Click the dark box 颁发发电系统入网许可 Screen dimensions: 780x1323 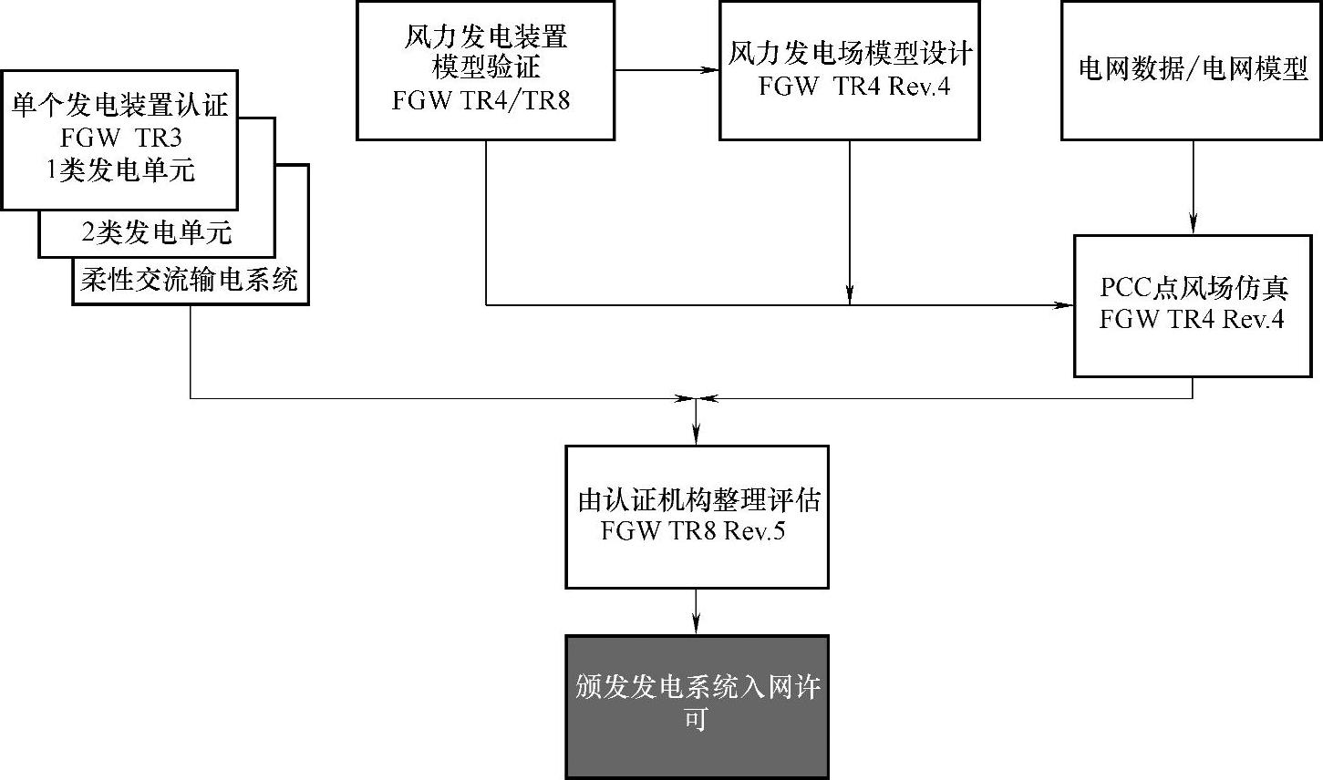coord(697,706)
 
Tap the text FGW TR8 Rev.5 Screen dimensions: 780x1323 coord(693,531)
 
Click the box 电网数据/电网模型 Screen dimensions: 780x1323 coord(1192,69)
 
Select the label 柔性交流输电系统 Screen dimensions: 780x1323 coord(190,279)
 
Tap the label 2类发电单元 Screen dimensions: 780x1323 coord(157,233)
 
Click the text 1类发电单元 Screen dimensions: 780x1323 coord(121,170)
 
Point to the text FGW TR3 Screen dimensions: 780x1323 coord(120,139)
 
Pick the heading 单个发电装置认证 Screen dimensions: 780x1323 coord(120,107)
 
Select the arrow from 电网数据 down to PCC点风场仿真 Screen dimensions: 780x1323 coord(1193,187)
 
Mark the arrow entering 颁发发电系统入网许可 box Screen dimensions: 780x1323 coord(697,612)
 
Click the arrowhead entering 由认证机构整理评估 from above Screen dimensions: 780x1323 coord(697,436)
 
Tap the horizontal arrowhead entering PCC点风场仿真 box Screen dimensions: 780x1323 coord(1065,305)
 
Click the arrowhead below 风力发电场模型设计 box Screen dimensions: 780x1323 coord(850,293)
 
